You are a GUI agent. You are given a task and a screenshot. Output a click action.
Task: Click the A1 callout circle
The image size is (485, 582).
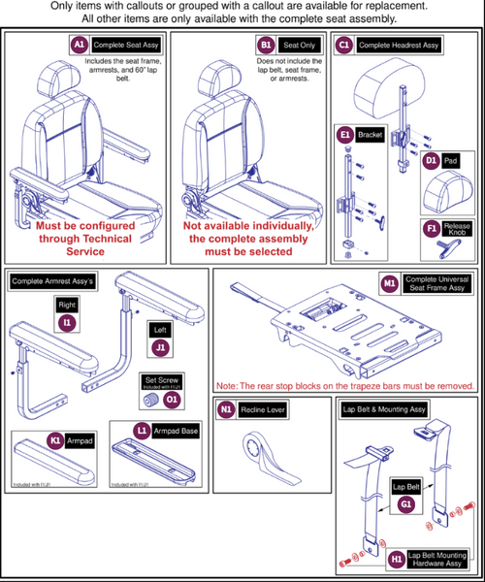tap(79, 46)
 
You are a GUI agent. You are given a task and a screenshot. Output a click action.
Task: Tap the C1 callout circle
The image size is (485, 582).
tap(343, 46)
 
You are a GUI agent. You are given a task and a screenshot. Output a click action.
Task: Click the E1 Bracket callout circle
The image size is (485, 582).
tap(343, 135)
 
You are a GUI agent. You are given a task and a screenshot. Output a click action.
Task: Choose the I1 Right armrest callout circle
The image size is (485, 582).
tap(67, 319)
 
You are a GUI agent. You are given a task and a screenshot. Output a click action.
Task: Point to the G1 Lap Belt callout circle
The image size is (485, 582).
tap(405, 503)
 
